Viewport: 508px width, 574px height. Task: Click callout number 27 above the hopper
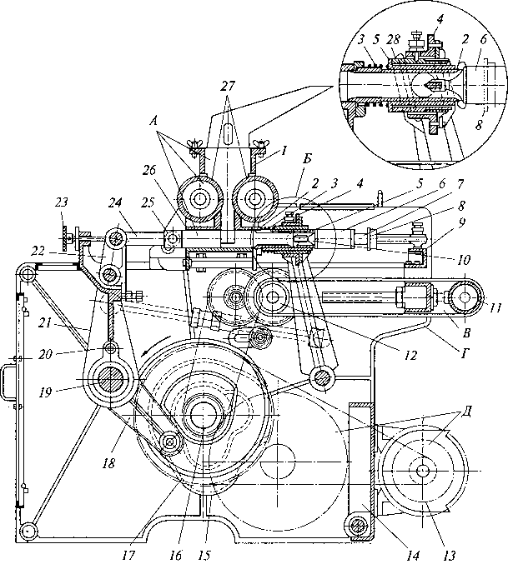click(x=227, y=87)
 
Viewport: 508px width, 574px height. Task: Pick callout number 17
click(x=128, y=556)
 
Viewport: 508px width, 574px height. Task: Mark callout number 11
click(x=495, y=308)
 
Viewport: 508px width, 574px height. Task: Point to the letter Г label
click(x=465, y=353)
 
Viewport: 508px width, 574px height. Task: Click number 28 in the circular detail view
click(x=393, y=40)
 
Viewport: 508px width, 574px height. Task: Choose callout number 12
click(x=410, y=354)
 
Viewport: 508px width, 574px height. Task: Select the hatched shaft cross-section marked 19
click(x=109, y=381)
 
